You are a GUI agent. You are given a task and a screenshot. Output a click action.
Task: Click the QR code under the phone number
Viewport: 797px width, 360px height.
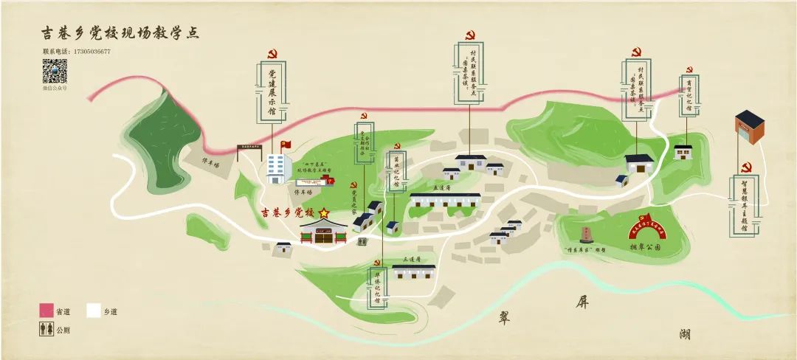coord(55,72)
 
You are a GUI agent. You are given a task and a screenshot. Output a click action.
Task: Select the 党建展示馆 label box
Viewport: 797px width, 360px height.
coord(272,92)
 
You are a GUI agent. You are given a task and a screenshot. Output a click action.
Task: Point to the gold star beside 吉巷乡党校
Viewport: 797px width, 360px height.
coord(323,212)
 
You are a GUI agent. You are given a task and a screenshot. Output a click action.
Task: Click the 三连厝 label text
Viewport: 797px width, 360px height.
coord(411,260)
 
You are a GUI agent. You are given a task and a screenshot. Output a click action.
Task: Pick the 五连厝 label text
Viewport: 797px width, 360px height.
coord(441,189)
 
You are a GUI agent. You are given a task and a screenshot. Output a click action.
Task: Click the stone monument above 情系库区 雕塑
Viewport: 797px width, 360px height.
coord(587,235)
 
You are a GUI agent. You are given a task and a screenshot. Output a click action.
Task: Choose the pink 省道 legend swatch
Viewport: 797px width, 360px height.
coord(46,311)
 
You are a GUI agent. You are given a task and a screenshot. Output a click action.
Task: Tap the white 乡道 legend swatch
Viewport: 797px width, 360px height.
coord(94,311)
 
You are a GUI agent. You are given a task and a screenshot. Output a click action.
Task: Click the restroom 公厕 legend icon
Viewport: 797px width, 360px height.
coord(46,329)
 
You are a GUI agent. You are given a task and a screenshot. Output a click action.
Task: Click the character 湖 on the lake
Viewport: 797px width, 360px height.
coord(686,333)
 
